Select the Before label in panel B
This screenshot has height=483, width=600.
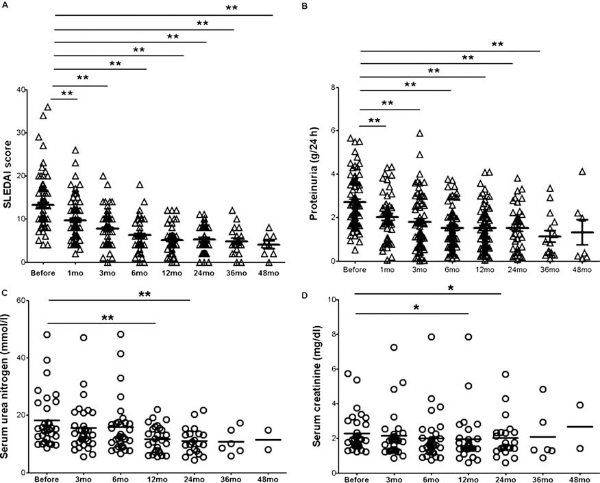click(x=355, y=271)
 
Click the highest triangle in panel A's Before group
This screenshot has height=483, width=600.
click(x=48, y=107)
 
